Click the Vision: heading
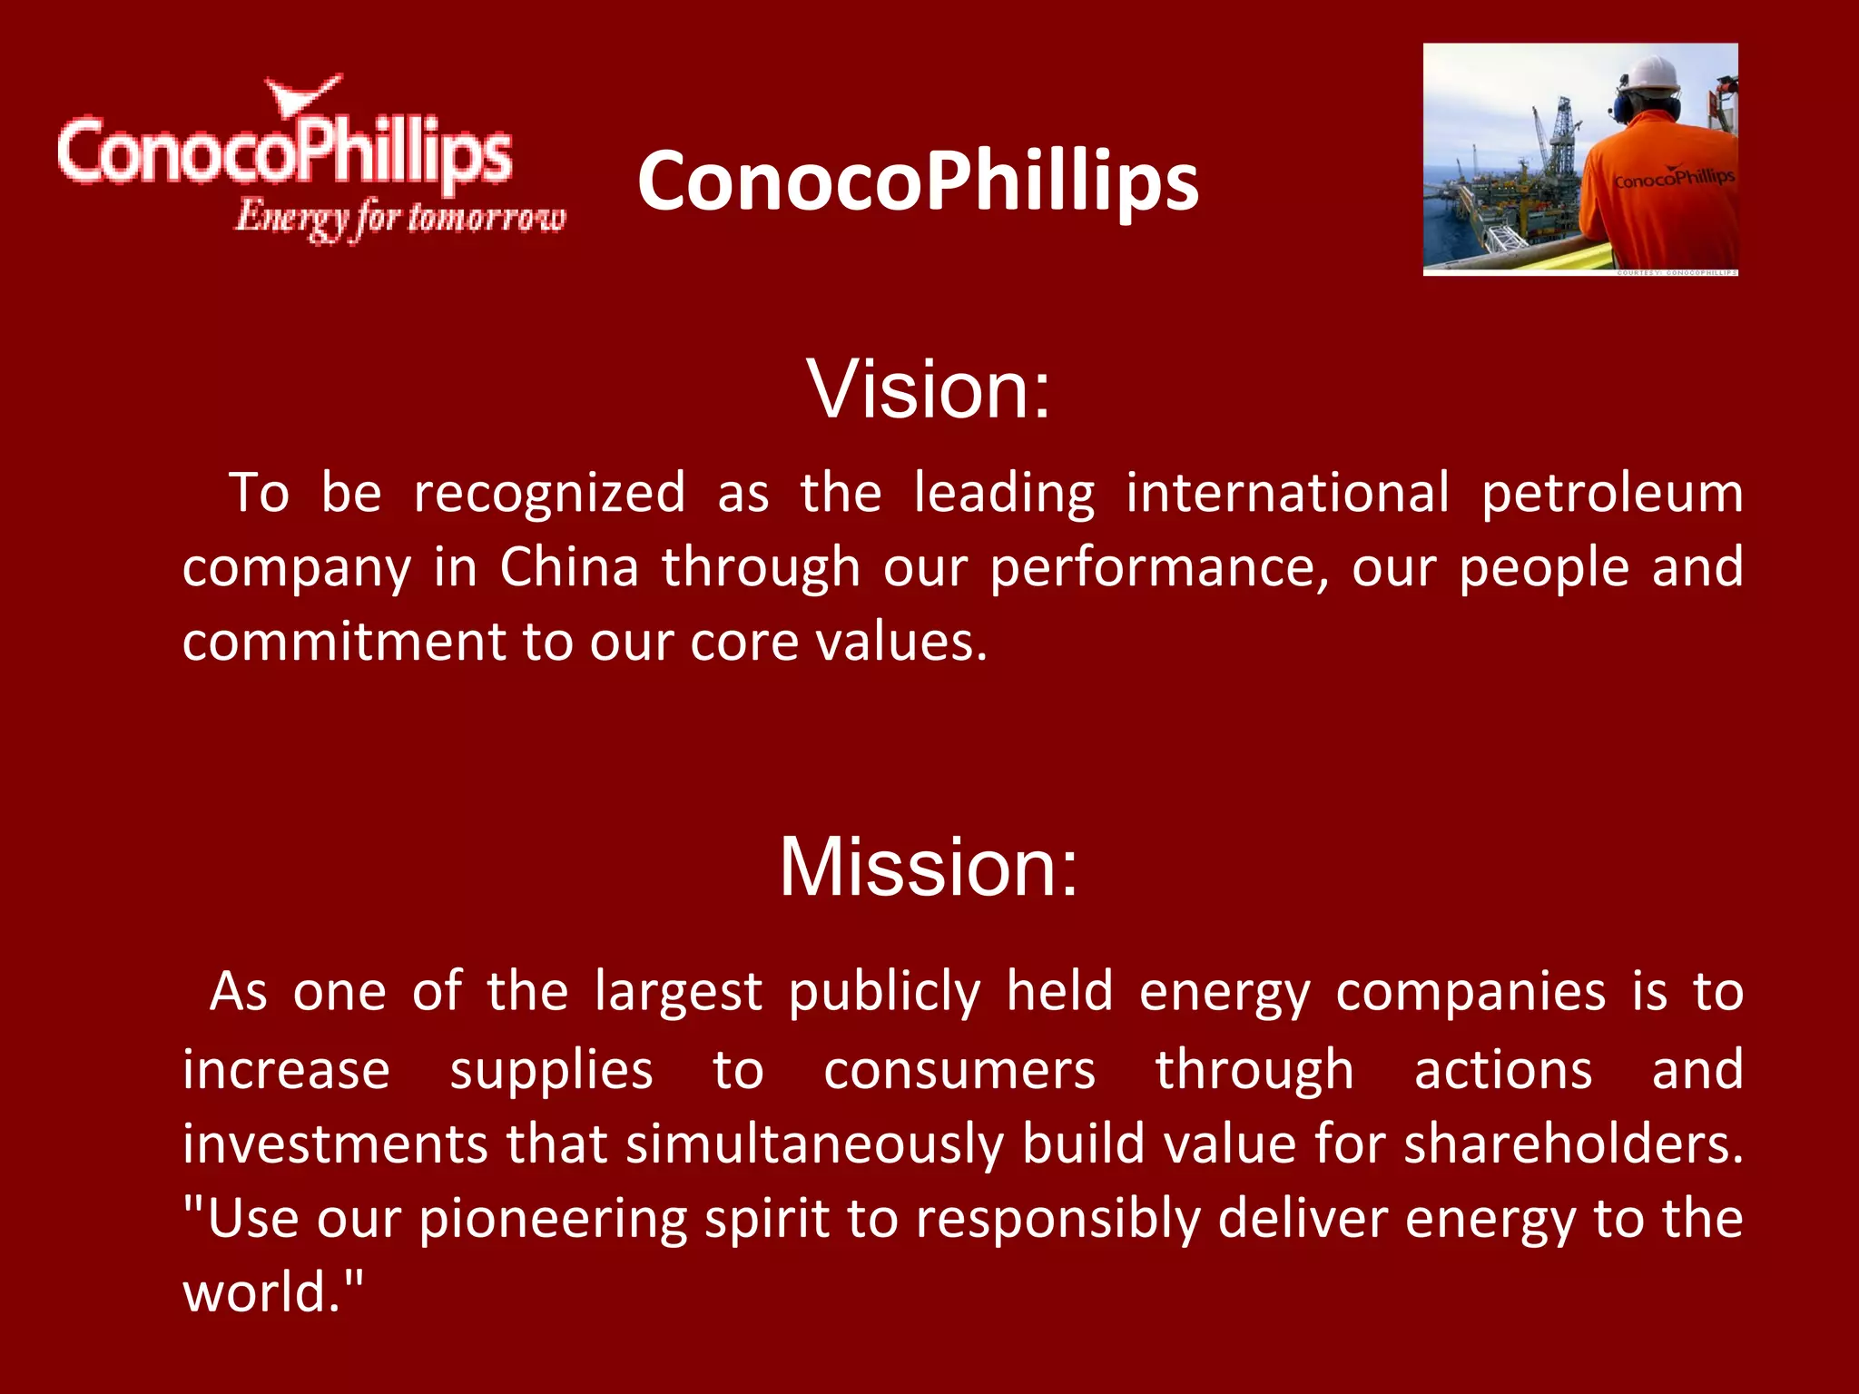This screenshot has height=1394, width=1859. (x=929, y=389)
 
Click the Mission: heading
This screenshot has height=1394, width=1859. (x=929, y=868)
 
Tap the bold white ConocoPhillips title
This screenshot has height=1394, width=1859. (x=918, y=182)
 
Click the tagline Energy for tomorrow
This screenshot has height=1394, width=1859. (x=399, y=219)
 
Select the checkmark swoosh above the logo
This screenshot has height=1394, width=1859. (x=302, y=95)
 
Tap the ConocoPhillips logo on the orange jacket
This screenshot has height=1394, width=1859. (x=1673, y=178)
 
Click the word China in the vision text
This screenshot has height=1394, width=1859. (x=569, y=568)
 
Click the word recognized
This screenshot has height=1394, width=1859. (x=549, y=493)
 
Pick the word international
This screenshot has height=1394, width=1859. (x=1287, y=493)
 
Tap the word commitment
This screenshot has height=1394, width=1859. (x=344, y=642)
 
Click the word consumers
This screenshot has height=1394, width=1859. (x=959, y=1070)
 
